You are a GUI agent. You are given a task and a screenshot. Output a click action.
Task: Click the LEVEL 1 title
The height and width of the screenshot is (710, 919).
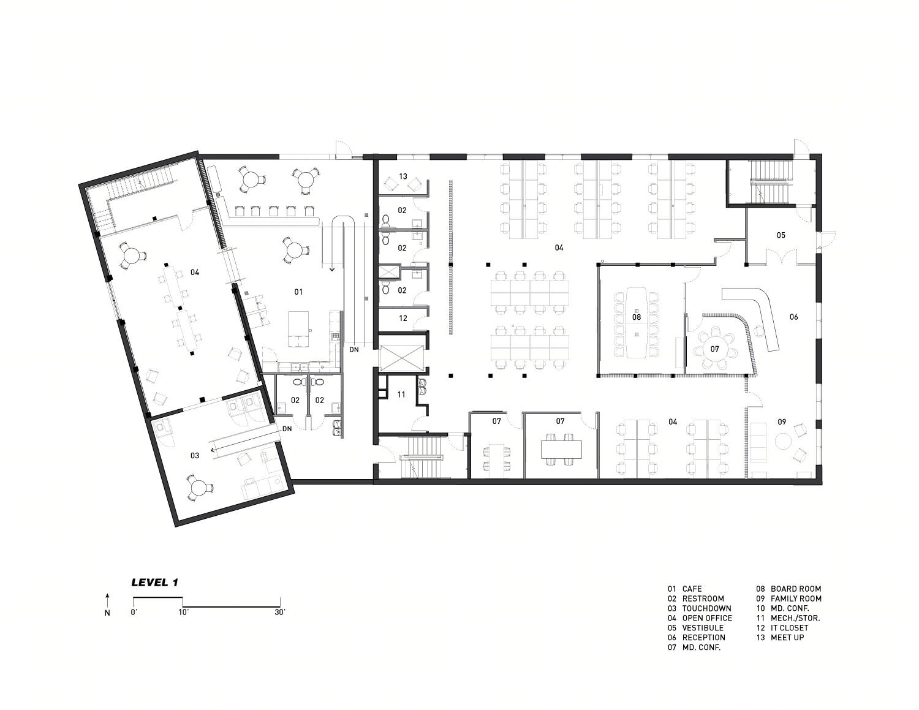pos(155,583)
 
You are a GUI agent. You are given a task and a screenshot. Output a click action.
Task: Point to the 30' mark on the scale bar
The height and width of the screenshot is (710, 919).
pos(281,613)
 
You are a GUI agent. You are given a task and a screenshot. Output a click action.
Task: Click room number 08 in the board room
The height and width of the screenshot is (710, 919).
pos(637,317)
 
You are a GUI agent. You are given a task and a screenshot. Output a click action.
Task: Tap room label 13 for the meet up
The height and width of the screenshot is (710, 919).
pos(403,176)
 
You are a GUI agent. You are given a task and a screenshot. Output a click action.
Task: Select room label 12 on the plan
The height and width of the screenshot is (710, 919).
pos(403,318)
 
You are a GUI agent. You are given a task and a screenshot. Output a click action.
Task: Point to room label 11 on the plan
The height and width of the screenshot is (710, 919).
pos(401,394)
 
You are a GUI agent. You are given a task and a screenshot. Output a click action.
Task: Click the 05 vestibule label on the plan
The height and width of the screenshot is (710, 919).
pos(781,235)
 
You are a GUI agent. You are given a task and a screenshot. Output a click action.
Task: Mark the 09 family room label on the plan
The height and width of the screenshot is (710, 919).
pos(782,421)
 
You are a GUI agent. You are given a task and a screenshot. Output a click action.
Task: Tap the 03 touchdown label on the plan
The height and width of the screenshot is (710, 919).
pos(195,455)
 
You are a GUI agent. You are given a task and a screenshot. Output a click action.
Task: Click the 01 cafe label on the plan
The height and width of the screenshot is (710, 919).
pos(298,292)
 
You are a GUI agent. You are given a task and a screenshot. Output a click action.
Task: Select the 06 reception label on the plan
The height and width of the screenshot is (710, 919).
pos(793,317)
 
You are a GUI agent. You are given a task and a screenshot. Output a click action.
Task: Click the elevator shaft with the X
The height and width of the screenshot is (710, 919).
pos(402,358)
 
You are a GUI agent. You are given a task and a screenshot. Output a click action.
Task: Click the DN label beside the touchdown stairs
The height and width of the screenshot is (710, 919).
pos(287,429)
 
